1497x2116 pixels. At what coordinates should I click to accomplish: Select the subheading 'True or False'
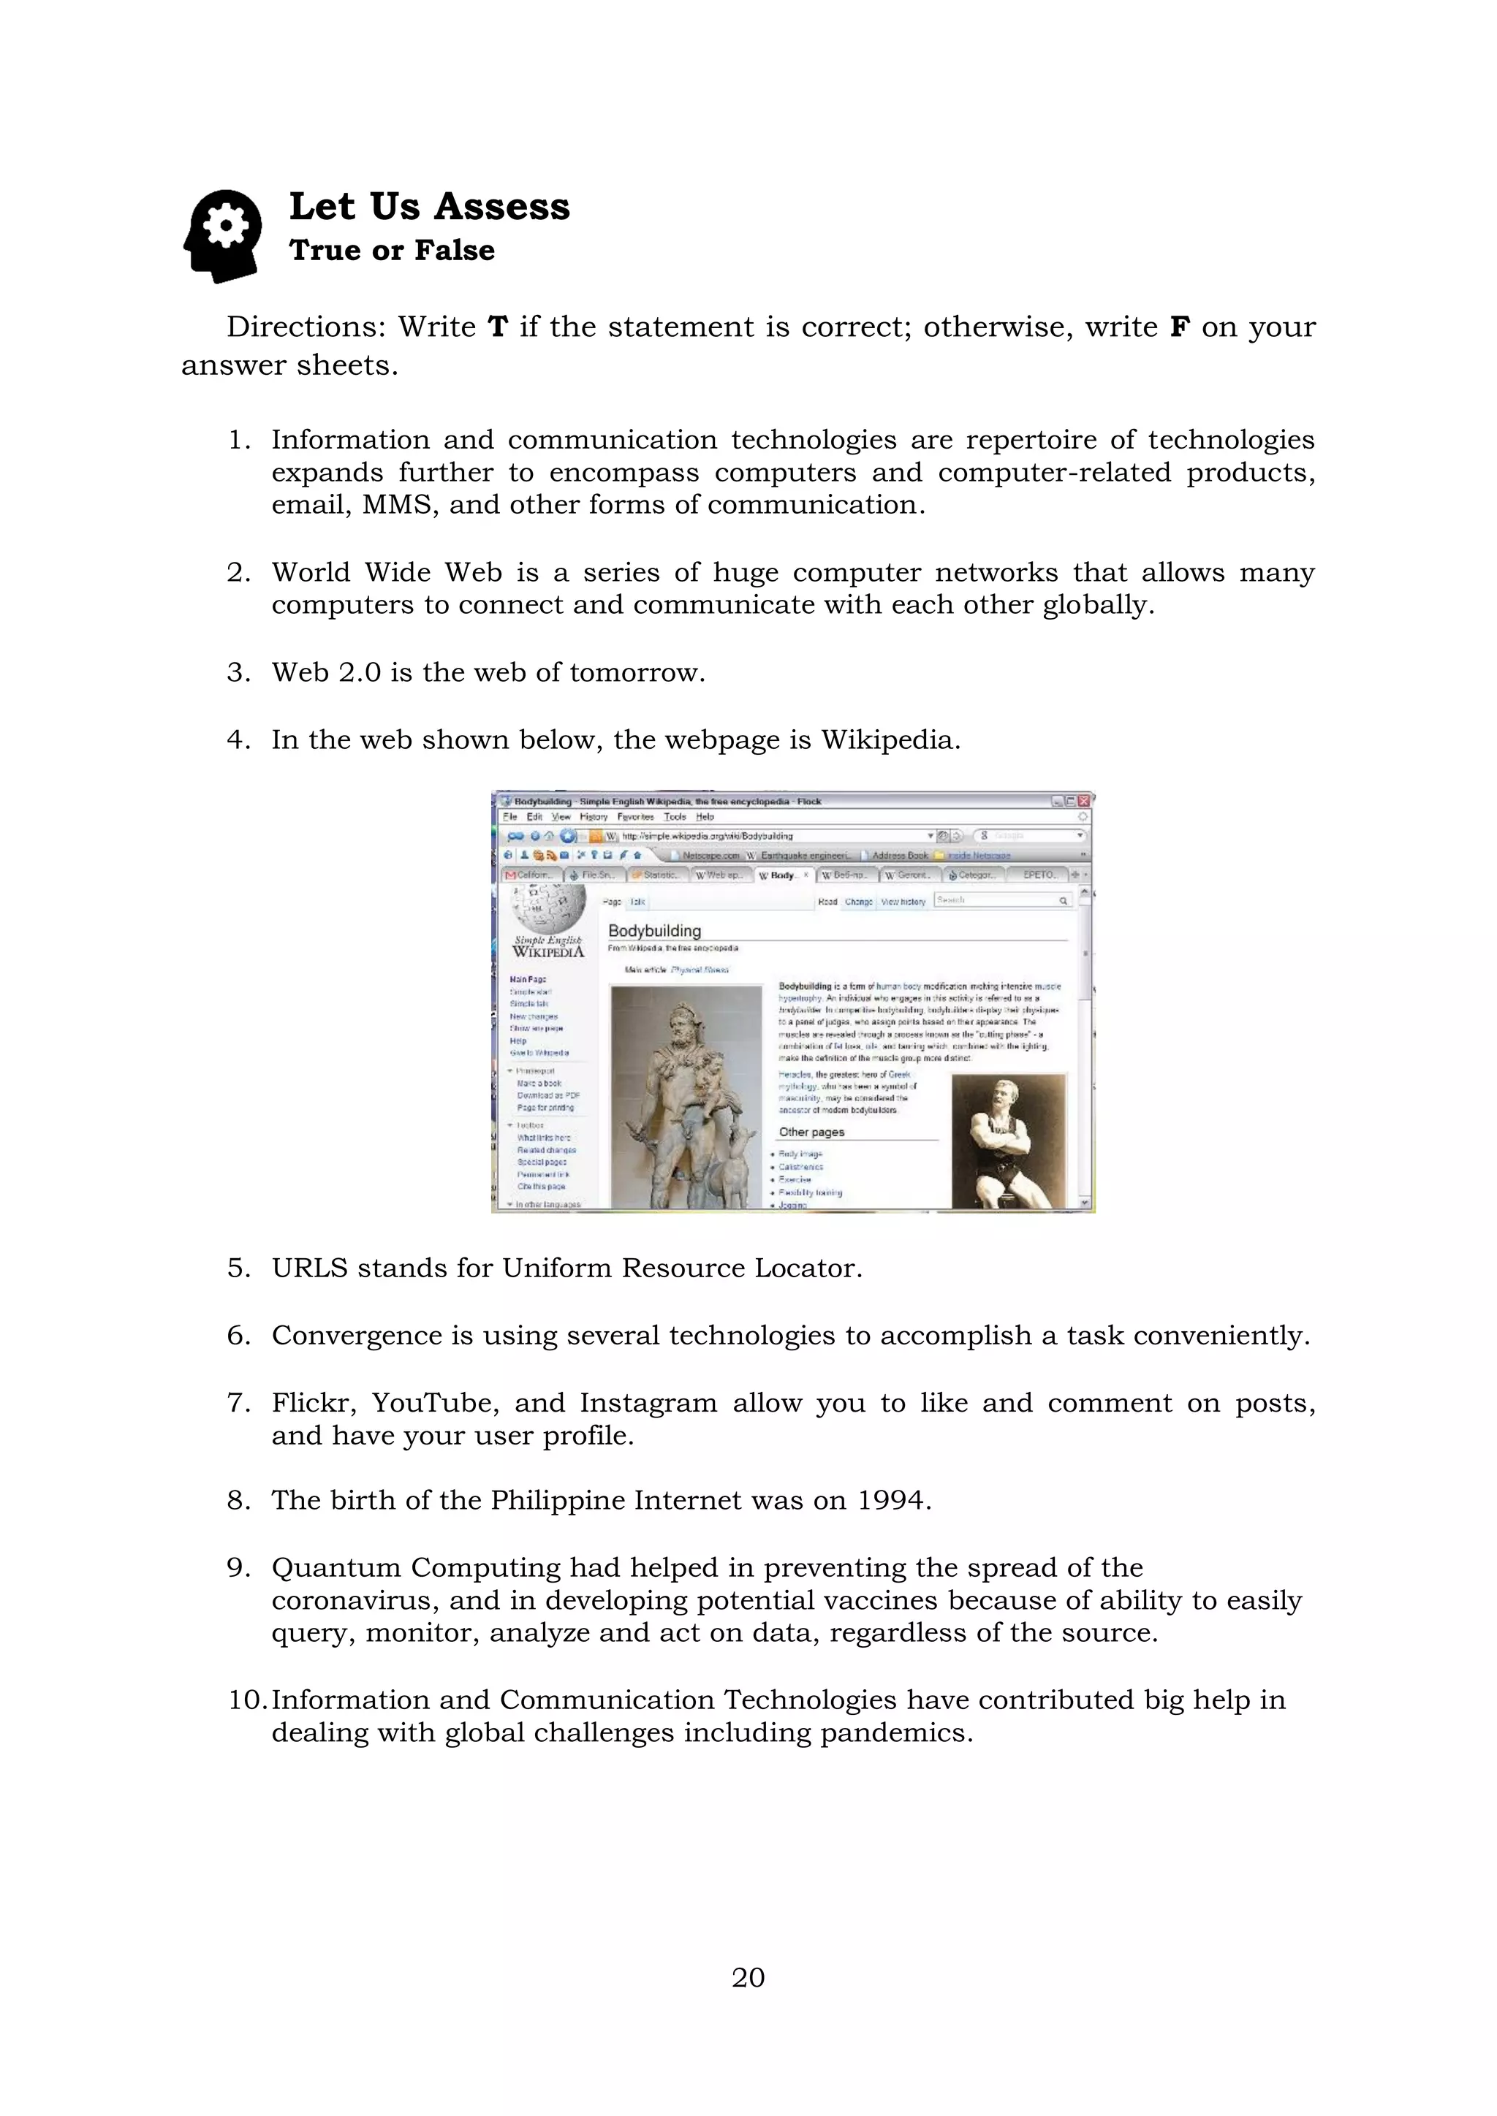pos(392,251)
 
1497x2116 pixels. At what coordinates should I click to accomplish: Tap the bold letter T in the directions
pos(498,327)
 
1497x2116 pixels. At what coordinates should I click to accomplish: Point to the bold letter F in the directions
pos(1179,327)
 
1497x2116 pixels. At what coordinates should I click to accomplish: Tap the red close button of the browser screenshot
pos(1084,801)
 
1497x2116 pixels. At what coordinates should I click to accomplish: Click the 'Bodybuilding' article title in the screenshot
pos(654,931)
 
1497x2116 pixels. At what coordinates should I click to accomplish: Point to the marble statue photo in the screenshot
pos(687,1097)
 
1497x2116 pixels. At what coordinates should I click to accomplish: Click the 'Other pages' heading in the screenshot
pos(811,1132)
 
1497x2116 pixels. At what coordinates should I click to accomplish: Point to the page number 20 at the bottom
pos(748,1977)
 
